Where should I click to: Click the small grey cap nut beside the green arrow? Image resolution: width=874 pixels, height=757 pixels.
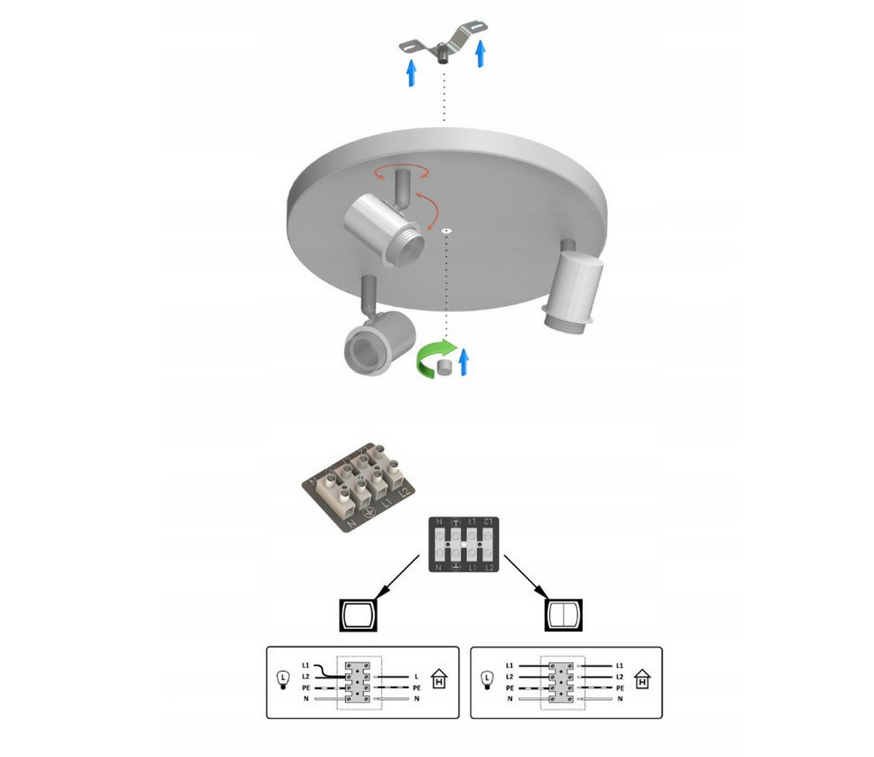coord(444,367)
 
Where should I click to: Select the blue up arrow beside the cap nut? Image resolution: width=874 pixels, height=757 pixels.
coord(463,361)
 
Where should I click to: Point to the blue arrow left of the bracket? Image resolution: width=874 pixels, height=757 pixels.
coord(412,73)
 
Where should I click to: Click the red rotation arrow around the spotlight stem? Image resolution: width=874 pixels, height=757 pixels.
coord(401,172)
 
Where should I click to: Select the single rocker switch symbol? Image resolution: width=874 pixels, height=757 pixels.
coord(358,615)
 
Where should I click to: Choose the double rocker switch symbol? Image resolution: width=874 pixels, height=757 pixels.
coord(564,615)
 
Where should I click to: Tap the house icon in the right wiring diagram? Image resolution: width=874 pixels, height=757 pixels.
coord(642,680)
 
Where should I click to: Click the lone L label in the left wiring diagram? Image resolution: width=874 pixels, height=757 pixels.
coord(416,677)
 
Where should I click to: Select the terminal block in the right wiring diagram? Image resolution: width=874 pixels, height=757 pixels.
coord(562,682)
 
